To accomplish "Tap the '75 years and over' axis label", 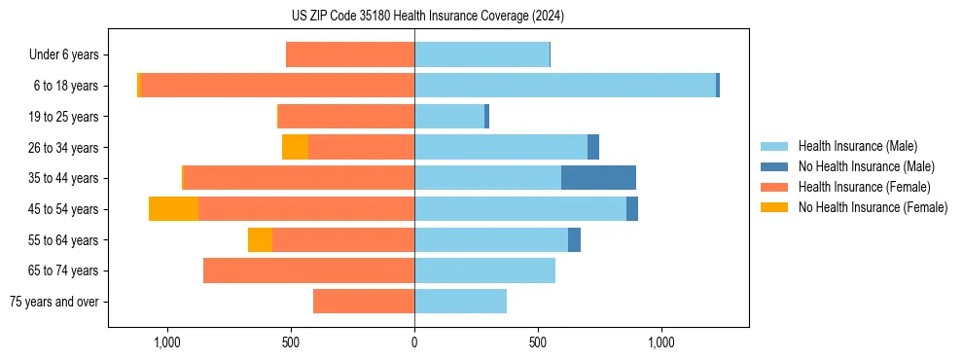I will [x=54, y=302].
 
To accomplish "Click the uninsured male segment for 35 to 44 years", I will [x=598, y=178].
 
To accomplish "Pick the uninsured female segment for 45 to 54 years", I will [x=173, y=209].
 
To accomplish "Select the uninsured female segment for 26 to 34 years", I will [x=295, y=147].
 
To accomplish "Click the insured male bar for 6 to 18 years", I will [x=565, y=86].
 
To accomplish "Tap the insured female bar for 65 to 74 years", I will [x=308, y=270].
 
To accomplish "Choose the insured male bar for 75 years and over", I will [x=460, y=302].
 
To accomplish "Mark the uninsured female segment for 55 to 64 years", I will [x=260, y=239].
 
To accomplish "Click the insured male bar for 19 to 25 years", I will [x=449, y=117].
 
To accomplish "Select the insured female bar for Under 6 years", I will [x=350, y=54].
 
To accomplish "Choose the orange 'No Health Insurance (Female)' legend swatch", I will [x=774, y=207].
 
